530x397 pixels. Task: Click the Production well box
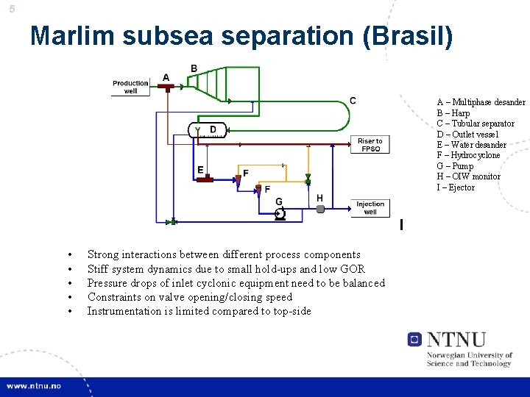coord(130,87)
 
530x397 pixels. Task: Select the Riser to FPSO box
coord(370,145)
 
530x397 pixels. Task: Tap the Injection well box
coord(370,208)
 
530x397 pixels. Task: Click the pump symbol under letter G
coord(280,213)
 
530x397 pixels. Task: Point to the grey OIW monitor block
coord(320,209)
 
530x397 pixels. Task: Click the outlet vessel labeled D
coord(211,130)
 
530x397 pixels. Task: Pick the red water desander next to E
coord(204,179)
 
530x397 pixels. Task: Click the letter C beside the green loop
coord(353,100)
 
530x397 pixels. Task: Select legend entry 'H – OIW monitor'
coord(468,176)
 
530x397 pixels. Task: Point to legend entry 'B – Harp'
coord(453,113)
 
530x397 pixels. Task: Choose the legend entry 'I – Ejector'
coord(456,187)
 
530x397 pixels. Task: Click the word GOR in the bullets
coord(353,269)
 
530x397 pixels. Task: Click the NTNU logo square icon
coord(414,340)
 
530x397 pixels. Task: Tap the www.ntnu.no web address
coord(35,386)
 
